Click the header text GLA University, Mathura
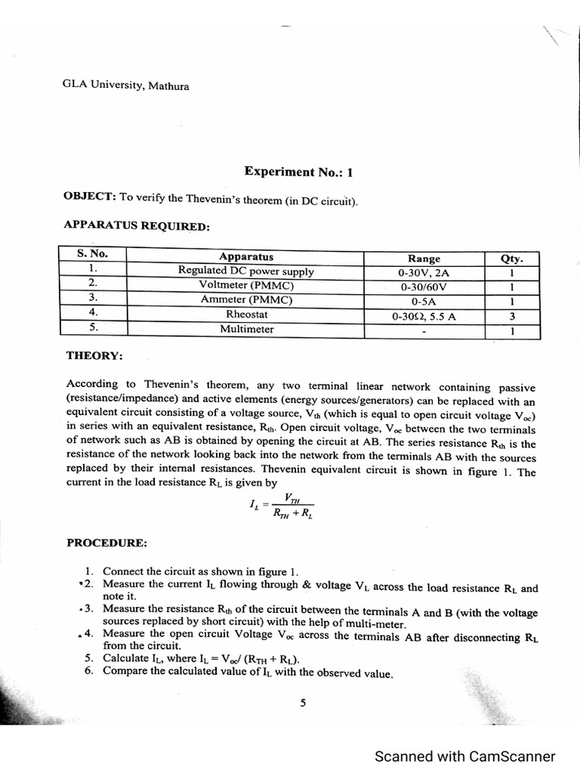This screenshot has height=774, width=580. pyautogui.click(x=125, y=85)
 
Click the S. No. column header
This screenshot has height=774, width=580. pyautogui.click(x=92, y=255)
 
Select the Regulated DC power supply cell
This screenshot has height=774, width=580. pyautogui.click(x=245, y=271)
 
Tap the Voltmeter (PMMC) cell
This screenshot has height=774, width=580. pyautogui.click(x=245, y=286)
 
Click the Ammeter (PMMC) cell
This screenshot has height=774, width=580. pyautogui.click(x=245, y=300)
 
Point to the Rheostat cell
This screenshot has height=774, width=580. pyautogui.click(x=245, y=314)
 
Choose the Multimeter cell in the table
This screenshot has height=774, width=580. pyautogui.click(x=246, y=330)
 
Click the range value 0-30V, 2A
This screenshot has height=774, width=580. pyautogui.click(x=424, y=273)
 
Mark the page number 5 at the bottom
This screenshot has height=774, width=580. pyautogui.click(x=303, y=703)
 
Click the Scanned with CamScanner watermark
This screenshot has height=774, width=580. pyautogui.click(x=465, y=757)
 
